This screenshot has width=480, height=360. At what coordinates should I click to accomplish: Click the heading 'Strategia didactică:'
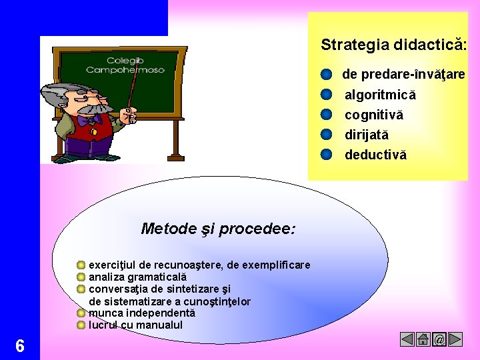(x=393, y=45)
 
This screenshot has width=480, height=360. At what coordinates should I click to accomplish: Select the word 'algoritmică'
(x=380, y=95)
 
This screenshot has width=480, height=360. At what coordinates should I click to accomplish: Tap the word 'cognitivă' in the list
(x=373, y=115)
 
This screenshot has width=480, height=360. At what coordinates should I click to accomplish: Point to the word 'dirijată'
(x=366, y=135)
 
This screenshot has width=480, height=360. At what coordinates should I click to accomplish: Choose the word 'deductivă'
(x=375, y=155)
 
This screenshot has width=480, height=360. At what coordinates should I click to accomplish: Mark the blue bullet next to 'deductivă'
(x=326, y=155)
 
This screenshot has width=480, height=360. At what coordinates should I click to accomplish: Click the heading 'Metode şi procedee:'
(x=218, y=229)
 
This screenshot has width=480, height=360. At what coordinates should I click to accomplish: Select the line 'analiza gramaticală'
(x=138, y=277)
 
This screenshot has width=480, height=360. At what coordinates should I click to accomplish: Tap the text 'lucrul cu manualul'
(x=135, y=325)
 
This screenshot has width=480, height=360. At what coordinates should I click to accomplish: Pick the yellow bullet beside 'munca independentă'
(x=81, y=313)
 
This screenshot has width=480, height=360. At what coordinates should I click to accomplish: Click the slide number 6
(x=20, y=346)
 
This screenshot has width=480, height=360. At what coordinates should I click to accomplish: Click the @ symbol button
(x=439, y=340)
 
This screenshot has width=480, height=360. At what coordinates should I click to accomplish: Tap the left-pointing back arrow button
(x=407, y=340)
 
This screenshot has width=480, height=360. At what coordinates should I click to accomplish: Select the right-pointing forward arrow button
(x=455, y=340)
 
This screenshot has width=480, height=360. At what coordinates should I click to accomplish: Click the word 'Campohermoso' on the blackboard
(x=125, y=70)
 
